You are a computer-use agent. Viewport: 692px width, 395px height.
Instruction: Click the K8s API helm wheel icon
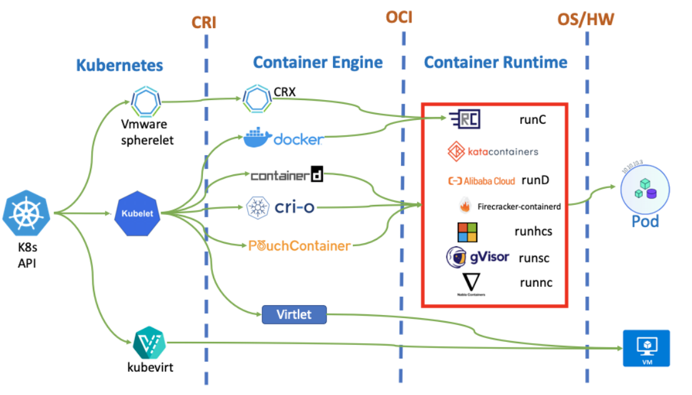pos(27,212)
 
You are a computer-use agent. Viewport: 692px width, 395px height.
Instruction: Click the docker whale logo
pos(258,138)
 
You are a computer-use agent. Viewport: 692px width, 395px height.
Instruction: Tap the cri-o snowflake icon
pos(257,207)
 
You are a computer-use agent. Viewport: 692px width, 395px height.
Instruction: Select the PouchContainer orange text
pos(299,246)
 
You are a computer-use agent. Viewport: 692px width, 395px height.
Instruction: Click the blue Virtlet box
pos(294,314)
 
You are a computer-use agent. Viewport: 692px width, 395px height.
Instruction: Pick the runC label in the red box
pos(533,119)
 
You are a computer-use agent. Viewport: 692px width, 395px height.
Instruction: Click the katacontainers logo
pos(493,151)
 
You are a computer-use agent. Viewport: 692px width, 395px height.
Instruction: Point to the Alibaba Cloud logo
pos(482,181)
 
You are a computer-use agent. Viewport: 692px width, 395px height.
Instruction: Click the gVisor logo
pos(478,256)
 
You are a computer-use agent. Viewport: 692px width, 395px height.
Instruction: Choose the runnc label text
pos(536,282)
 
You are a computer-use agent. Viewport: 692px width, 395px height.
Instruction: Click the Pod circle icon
pos(645,189)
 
